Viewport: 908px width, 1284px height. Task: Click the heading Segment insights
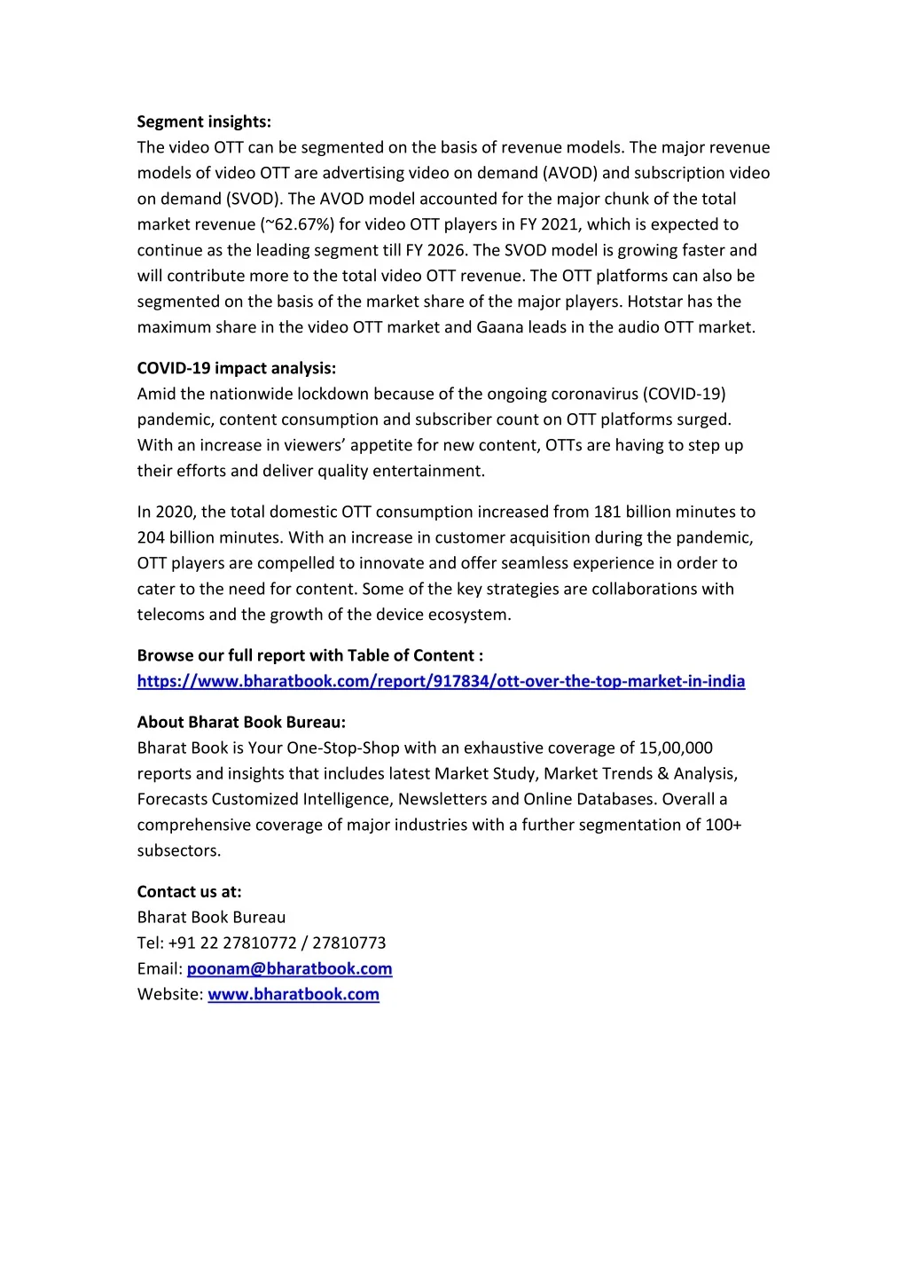pos(204,121)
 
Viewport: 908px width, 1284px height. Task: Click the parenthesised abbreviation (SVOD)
pos(253,199)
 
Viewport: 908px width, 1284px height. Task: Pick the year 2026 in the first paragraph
pos(446,250)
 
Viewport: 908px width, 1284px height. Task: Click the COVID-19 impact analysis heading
pos(236,368)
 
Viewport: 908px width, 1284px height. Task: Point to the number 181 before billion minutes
pos(607,512)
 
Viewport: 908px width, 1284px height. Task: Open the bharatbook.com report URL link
pos(441,681)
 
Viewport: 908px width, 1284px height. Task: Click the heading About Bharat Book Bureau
pos(241,722)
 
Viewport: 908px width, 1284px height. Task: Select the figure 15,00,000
pos(676,748)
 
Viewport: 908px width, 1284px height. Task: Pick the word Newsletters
pos(442,799)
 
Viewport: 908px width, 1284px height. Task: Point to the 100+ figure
pos(724,825)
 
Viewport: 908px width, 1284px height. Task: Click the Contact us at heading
pos(189,891)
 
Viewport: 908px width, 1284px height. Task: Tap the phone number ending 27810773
pos(348,943)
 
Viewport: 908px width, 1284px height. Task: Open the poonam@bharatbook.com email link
pos(289,968)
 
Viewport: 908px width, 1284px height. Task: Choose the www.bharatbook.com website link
pos(294,994)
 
